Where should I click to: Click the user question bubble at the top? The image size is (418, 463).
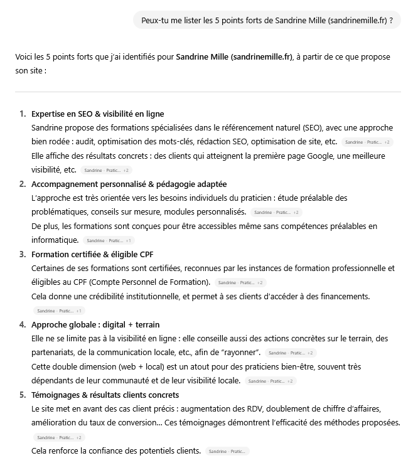[267, 20]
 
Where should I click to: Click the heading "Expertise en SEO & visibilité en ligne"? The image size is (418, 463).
[97, 114]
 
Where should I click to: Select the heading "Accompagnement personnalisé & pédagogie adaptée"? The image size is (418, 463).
[129, 184]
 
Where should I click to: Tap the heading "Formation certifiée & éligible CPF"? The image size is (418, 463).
[92, 254]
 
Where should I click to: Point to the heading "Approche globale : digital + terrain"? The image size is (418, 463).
[95, 324]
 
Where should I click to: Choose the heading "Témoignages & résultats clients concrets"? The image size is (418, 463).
[105, 395]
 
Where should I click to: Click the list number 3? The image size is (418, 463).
[23, 254]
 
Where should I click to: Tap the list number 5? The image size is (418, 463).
[23, 395]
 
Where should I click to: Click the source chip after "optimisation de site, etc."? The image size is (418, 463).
[368, 142]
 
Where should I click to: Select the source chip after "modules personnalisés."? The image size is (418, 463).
[277, 213]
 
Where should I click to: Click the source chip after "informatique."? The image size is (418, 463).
[109, 240]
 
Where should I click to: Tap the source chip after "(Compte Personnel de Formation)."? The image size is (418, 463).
[241, 283]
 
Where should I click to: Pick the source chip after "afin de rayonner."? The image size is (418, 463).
[291, 353]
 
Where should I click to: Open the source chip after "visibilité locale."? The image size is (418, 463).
[271, 381]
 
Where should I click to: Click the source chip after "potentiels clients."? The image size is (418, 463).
[227, 451]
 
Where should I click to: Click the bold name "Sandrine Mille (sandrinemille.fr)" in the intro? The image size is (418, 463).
[234, 56]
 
